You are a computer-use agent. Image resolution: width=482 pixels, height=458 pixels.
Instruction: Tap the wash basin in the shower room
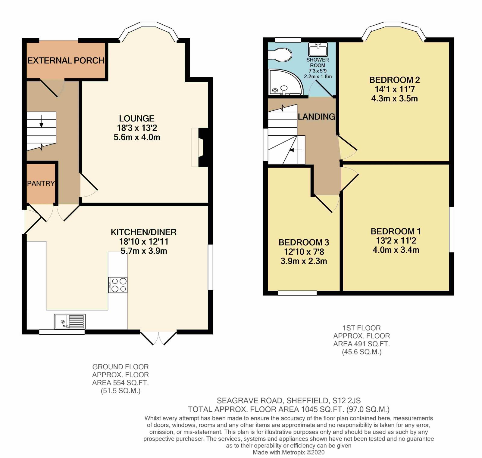click(x=318, y=49)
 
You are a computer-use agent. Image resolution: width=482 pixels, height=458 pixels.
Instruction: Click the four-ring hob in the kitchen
click(x=118, y=285)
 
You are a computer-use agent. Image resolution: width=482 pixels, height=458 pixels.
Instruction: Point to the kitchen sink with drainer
click(x=70, y=321)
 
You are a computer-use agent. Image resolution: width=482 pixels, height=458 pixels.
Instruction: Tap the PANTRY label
click(x=41, y=183)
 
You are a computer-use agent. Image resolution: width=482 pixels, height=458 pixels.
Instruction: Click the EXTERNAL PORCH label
click(x=66, y=60)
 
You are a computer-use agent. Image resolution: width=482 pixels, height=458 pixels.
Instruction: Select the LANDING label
click(x=316, y=117)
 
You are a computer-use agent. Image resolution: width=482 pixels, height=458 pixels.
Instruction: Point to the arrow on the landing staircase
click(x=295, y=150)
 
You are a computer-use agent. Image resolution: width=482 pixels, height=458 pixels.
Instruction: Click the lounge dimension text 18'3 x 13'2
click(x=137, y=128)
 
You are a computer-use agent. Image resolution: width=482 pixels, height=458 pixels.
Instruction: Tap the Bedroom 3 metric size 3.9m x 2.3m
click(x=304, y=261)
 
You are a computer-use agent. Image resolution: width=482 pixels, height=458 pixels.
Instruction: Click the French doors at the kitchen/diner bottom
click(x=158, y=338)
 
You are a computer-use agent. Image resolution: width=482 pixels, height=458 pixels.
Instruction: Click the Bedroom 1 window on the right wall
click(x=452, y=229)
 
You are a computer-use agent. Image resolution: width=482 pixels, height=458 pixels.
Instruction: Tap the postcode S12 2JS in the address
click(x=346, y=401)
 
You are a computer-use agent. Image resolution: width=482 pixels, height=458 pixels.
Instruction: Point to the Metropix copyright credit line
click(x=288, y=452)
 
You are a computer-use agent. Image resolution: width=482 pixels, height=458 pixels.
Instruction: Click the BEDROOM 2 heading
click(x=394, y=80)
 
